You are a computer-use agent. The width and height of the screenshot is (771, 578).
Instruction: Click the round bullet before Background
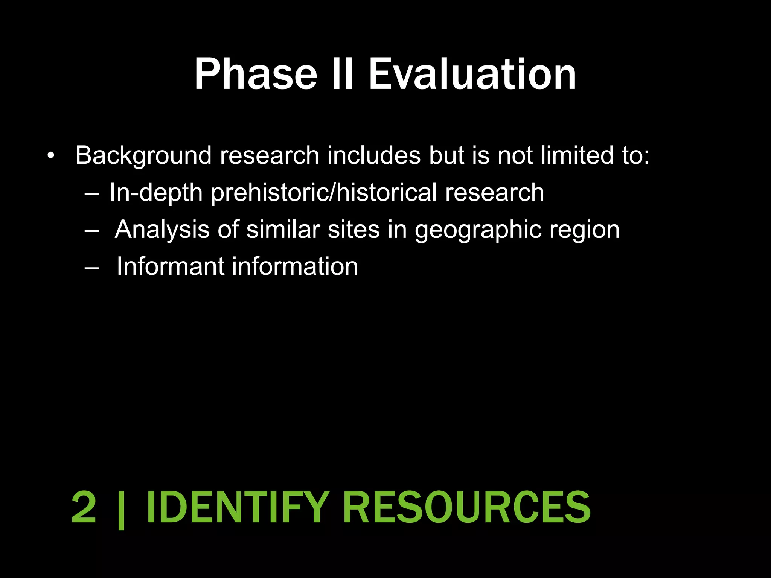51,155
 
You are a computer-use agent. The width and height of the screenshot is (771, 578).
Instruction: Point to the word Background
143,155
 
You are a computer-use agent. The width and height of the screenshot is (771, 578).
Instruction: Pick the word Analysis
162,230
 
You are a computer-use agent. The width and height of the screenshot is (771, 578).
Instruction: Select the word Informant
171,266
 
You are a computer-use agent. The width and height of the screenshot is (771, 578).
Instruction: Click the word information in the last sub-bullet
295,266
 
